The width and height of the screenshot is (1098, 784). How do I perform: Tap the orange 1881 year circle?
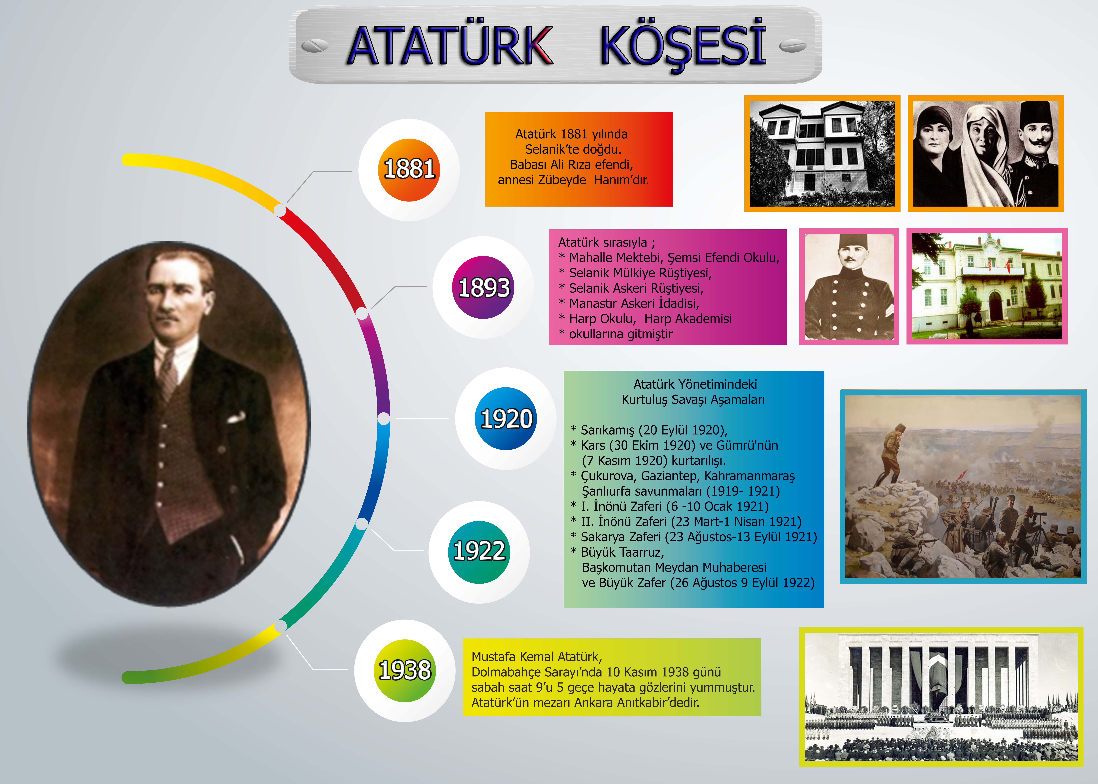coord(409,170)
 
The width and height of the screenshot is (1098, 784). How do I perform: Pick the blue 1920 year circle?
coord(506,419)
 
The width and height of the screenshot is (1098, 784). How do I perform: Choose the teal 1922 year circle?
coord(479,552)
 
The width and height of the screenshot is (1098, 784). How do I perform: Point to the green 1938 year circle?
coord(405,671)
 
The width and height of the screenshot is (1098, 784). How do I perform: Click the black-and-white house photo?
coord(822,153)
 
